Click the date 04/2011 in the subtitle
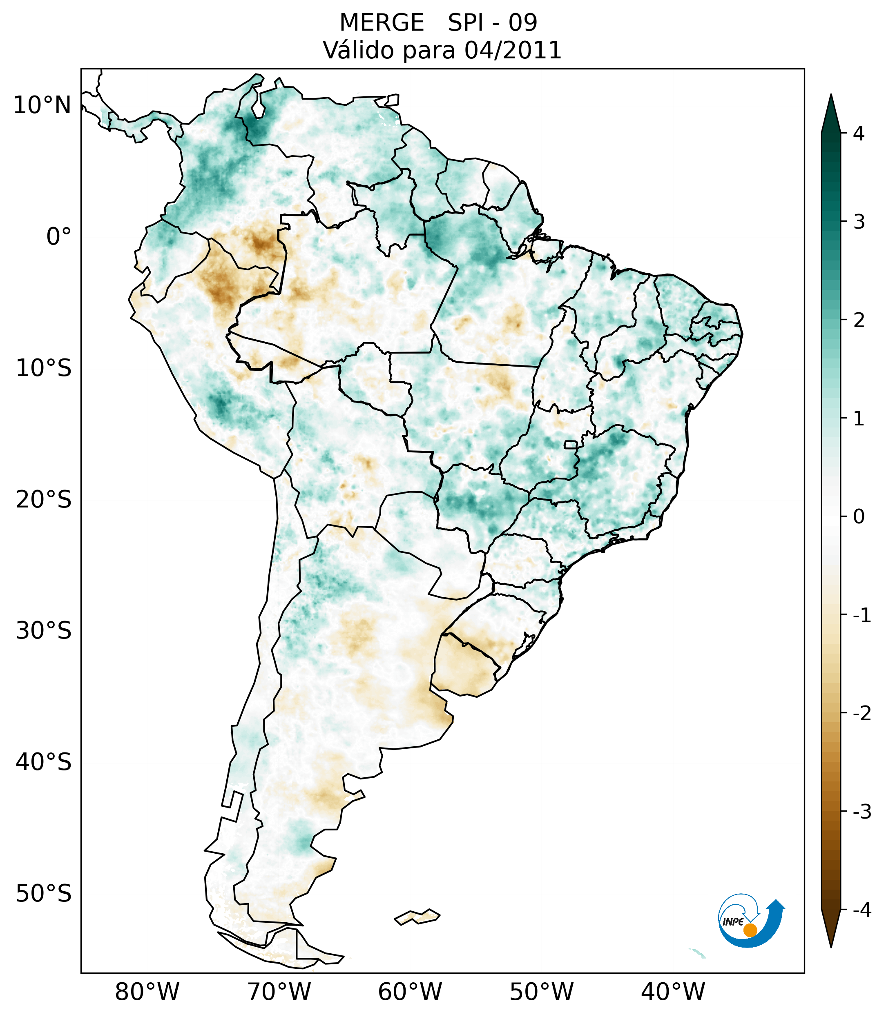(512, 50)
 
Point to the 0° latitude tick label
(58, 237)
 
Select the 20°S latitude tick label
(43, 500)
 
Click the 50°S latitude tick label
(43, 894)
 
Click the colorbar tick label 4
(859, 134)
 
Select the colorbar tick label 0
(859, 517)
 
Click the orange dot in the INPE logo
(750, 930)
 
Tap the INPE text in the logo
(733, 922)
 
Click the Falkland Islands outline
(417, 917)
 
